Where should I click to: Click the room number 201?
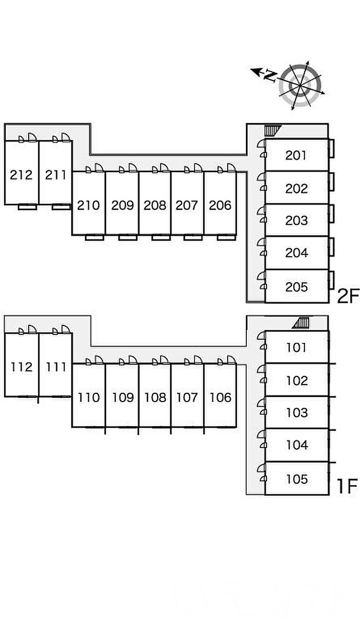(x=296, y=155)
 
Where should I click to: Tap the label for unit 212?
(x=21, y=175)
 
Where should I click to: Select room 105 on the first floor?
(x=297, y=479)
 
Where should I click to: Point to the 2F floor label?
(x=347, y=297)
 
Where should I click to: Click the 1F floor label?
(x=347, y=486)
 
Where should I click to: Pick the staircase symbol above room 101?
(x=301, y=323)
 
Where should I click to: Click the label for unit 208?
(x=155, y=205)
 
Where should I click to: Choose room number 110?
(x=88, y=397)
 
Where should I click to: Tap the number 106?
(x=220, y=397)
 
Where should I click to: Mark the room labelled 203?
(x=296, y=221)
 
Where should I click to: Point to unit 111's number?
(x=56, y=367)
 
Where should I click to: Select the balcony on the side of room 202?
(x=332, y=182)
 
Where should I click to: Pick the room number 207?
(x=187, y=205)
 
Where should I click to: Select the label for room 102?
(x=297, y=380)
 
